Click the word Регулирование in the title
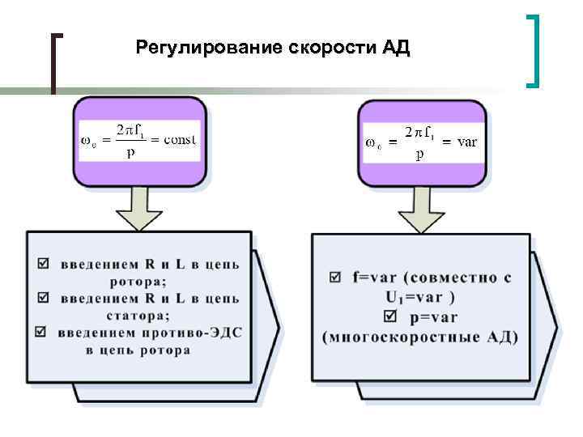tap(207, 47)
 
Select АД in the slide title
tap(395, 47)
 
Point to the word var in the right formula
tap(467, 142)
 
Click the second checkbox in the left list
tap(42, 299)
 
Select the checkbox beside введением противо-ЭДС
tap(42, 332)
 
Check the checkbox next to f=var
tap(334, 278)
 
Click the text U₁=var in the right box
tap(416, 296)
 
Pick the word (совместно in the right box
tap(455, 278)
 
